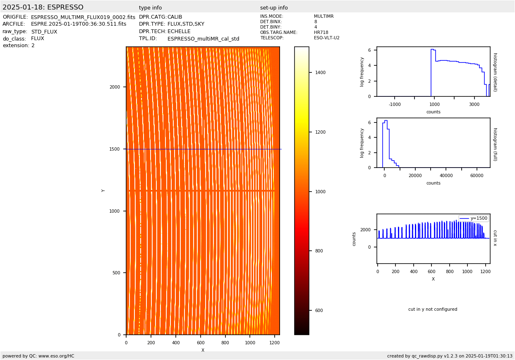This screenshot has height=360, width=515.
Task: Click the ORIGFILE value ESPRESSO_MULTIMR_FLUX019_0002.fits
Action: coord(83,17)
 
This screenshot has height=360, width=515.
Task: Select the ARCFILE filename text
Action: coord(79,24)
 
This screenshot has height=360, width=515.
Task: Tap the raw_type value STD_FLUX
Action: coord(44,32)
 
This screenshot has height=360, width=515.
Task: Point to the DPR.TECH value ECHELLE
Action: coord(179,31)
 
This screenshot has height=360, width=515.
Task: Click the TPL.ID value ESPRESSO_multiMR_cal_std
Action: coord(203,39)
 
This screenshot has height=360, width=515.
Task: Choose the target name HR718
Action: coord(321,33)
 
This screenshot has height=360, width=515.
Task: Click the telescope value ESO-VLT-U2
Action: coord(326,38)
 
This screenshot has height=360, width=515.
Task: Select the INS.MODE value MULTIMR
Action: coord(323,17)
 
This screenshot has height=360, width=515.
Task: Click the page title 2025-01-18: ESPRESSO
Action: coord(43,7)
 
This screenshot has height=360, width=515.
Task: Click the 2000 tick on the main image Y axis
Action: coord(115,87)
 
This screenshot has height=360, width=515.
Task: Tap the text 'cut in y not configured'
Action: coord(433,310)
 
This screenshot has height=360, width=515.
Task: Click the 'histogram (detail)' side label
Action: coord(495,72)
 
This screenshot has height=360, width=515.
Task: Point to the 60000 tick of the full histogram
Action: coord(477,175)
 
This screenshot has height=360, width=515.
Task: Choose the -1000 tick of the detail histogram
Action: coord(395,105)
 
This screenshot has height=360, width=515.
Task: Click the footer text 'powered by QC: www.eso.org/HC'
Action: coord(38,356)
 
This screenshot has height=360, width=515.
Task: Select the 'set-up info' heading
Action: coord(274,8)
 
